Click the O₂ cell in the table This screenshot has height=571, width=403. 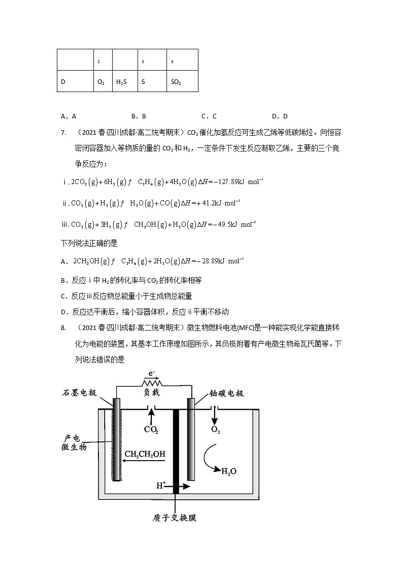point(101,81)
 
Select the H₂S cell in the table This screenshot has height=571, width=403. point(121,81)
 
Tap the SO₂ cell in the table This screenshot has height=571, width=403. point(176,81)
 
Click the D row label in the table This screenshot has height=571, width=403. point(63,81)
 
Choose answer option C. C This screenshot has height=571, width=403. point(209,116)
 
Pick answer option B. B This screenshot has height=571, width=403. point(139,116)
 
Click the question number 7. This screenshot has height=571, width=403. point(63,133)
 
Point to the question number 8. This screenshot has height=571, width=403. point(63,328)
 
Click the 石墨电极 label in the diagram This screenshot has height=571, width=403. point(79,393)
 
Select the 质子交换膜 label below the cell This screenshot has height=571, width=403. point(174,518)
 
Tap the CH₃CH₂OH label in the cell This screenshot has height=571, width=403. point(145,454)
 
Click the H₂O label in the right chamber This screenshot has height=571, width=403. point(229,471)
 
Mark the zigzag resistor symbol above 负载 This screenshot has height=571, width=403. point(151,382)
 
